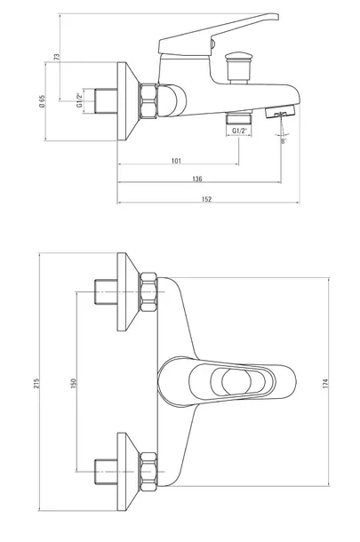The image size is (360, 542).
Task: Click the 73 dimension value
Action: [57, 57]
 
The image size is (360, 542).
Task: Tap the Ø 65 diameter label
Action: [42, 101]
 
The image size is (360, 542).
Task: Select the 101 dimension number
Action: [176, 161]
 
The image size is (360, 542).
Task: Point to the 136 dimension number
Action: [196, 179]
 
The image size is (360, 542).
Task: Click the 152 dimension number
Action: [206, 199]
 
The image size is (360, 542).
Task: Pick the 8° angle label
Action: [284, 141]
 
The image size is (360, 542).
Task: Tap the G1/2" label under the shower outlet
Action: [239, 131]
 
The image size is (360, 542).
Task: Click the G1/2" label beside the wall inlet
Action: [79, 100]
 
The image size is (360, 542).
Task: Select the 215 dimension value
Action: [36, 383]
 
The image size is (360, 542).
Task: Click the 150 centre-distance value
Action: [73, 383]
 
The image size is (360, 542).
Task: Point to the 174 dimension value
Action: [325, 383]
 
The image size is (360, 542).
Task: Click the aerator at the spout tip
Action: [281, 112]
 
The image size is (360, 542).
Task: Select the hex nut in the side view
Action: [148, 101]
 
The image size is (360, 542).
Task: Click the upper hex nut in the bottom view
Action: [148, 292]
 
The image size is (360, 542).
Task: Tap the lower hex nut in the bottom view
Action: [148, 472]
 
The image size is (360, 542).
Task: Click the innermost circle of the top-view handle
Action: [236, 382]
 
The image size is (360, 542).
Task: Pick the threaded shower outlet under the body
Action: [239, 118]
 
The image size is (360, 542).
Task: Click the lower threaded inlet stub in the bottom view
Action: [106, 472]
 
